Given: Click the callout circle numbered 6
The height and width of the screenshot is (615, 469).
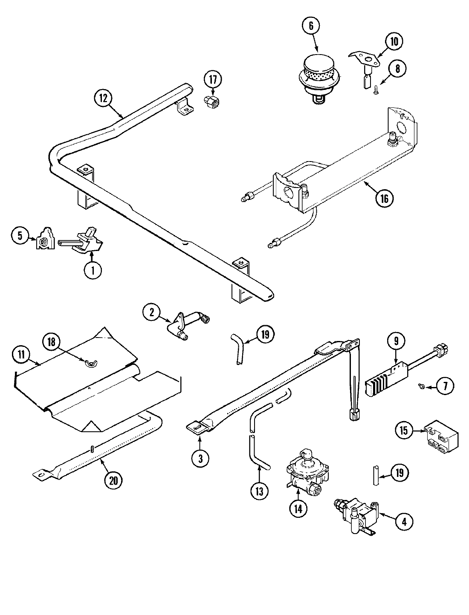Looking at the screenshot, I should (311, 26).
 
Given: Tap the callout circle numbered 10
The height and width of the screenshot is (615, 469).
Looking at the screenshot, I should (394, 42).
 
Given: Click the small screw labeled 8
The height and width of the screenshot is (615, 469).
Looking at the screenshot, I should (376, 91).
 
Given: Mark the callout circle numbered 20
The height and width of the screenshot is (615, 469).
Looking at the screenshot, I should (113, 480).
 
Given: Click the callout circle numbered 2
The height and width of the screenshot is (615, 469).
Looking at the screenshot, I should (151, 312).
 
